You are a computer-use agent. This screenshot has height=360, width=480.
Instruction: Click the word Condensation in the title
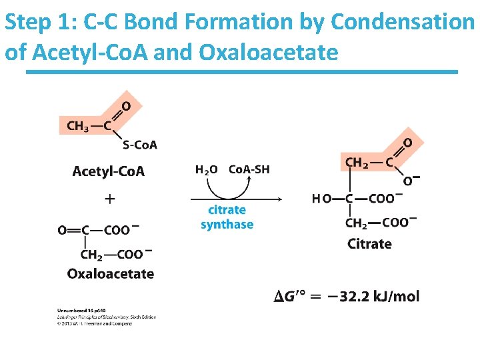pos(402,22)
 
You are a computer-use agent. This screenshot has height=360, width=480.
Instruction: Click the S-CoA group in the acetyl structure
pos(140,145)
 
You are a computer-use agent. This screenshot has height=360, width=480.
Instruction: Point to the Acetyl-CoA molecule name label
pos(108,171)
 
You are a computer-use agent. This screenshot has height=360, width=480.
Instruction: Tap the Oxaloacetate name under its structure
pos(111,273)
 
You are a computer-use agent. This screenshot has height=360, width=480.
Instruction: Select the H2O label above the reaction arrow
pos(206,169)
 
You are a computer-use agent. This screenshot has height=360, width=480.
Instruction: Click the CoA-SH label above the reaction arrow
pos(249,169)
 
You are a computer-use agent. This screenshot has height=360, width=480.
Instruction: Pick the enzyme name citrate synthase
pos(227,217)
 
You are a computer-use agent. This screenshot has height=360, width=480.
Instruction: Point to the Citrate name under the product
pos(369,244)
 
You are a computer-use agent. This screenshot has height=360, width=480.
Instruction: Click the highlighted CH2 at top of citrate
pos(357,162)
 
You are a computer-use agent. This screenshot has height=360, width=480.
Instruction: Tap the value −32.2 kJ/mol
pos(379,296)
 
